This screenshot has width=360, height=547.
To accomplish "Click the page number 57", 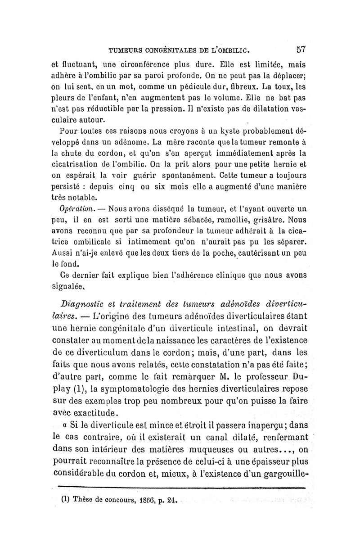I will pyautogui.click(x=301, y=49).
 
